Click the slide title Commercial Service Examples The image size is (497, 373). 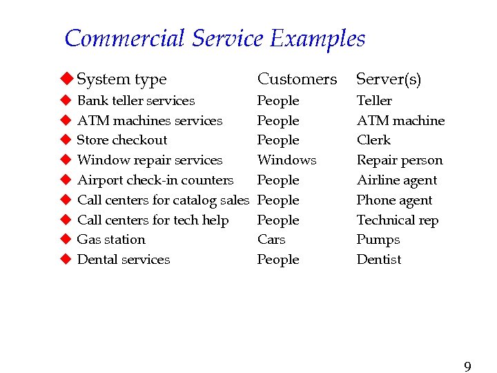[215, 39]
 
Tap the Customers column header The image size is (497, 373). [297, 79]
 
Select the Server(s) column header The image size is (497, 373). [388, 79]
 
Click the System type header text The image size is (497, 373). [121, 79]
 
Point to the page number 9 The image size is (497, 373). [467, 366]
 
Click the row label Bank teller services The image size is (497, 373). [136, 101]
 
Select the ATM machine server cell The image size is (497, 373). [400, 121]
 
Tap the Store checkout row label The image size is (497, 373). [122, 140]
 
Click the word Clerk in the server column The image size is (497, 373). [373, 140]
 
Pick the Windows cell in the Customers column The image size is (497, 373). [286, 160]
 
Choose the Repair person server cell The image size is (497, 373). [400, 160]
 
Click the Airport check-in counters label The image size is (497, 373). [155, 180]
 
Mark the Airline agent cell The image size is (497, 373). [397, 180]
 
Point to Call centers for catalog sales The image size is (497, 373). [163, 200]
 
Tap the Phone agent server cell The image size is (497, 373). [394, 200]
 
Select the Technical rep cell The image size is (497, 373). [398, 220]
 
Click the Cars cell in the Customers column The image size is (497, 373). [271, 240]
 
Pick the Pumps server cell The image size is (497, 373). [378, 240]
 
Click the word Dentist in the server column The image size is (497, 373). [379, 260]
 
